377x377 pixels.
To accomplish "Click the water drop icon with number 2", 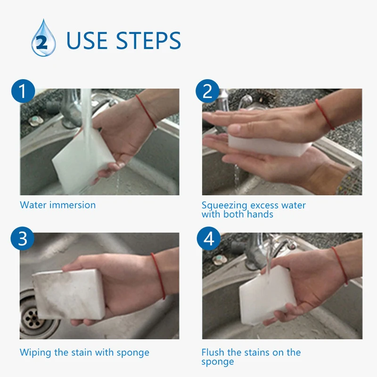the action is [x=43, y=39].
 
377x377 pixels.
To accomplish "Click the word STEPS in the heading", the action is [x=148, y=41].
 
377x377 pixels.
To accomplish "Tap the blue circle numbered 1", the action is [x=23, y=91].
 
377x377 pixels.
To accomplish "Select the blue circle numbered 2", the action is [x=207, y=91].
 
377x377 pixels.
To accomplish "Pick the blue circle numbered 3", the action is [x=22, y=238].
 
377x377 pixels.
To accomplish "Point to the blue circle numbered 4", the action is [x=209, y=238].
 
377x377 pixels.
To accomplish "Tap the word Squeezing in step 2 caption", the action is [x=224, y=206].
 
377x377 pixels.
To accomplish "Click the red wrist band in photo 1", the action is [x=147, y=111].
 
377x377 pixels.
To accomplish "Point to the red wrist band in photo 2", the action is [x=325, y=114].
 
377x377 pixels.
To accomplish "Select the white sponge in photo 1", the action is [x=83, y=160].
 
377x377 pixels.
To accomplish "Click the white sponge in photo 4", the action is [x=267, y=295].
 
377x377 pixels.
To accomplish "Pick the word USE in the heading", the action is [x=87, y=41].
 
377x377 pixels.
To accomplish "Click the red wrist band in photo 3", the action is [x=158, y=276].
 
